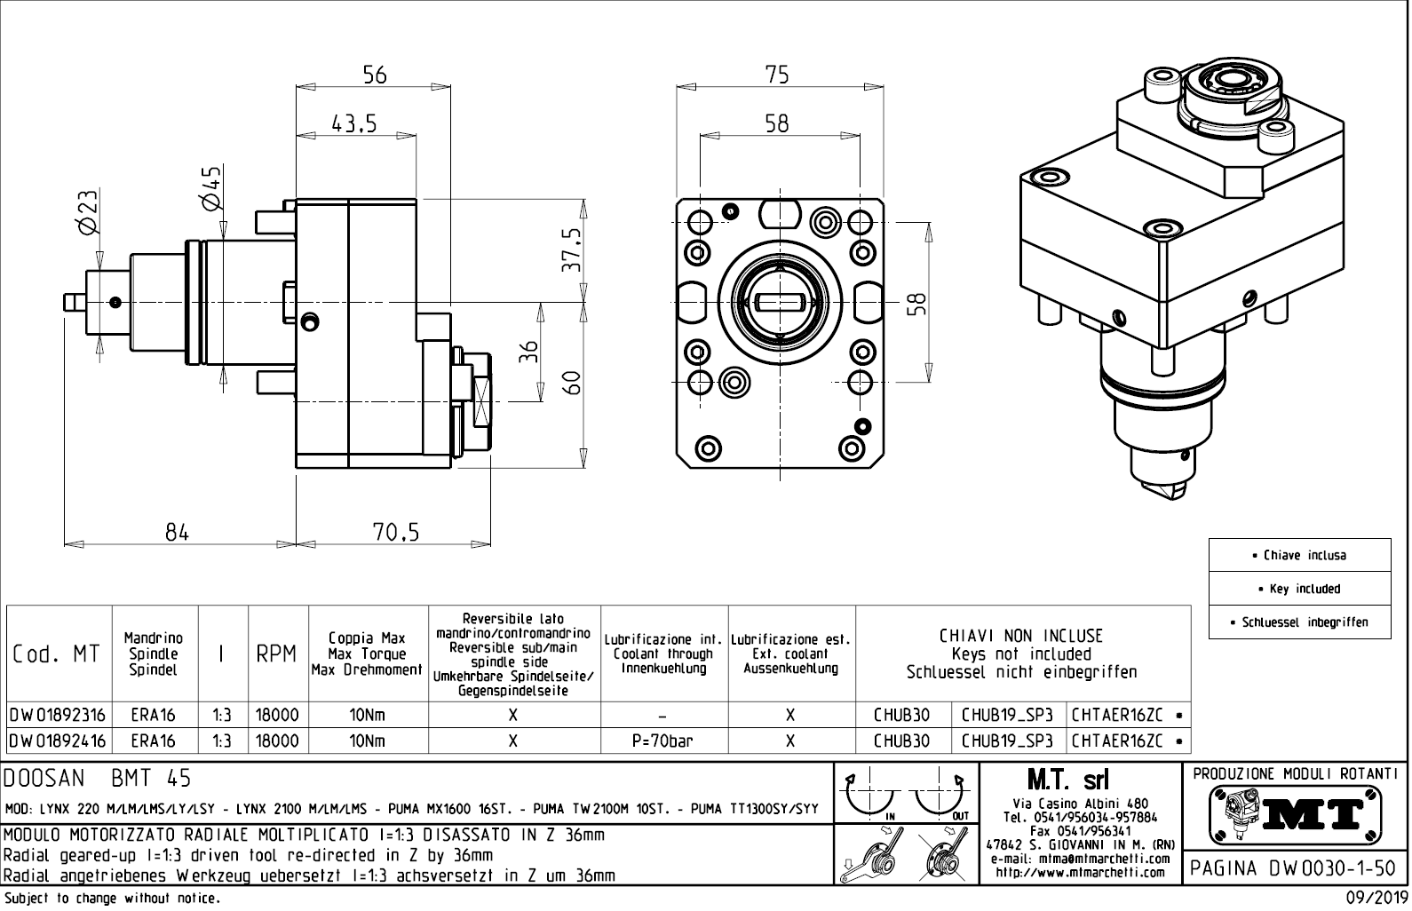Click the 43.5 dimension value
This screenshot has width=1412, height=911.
(x=354, y=123)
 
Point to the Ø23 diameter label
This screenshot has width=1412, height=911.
(x=88, y=213)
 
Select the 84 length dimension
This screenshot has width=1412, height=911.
(x=178, y=532)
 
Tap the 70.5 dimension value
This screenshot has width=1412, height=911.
(x=394, y=532)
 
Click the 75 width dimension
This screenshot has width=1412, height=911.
(x=777, y=75)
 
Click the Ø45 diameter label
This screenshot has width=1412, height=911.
(x=211, y=188)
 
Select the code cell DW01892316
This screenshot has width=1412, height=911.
(x=58, y=715)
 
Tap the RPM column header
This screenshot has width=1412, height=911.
(x=276, y=654)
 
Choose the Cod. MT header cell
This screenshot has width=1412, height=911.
(x=57, y=654)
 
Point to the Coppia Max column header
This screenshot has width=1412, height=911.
(x=367, y=654)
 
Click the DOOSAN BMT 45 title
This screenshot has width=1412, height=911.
(x=98, y=779)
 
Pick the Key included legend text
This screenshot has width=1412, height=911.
(x=1299, y=589)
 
